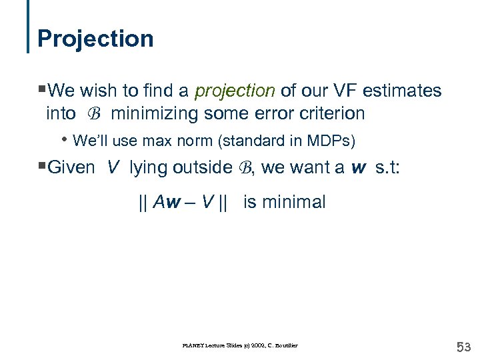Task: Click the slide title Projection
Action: [95, 38]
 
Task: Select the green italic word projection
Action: [233, 90]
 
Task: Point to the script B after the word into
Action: [94, 114]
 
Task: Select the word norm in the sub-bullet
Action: [194, 141]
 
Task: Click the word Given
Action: [72, 167]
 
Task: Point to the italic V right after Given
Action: [113, 167]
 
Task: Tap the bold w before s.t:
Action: [359, 167]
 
